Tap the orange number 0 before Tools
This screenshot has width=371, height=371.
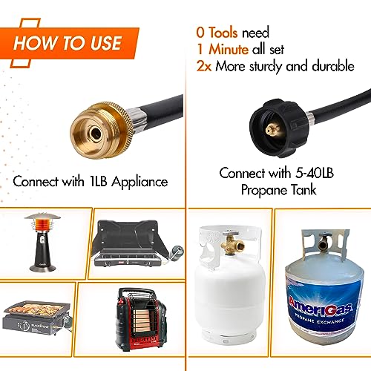(x=200, y=33)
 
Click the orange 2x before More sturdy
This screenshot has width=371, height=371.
(x=203, y=65)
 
